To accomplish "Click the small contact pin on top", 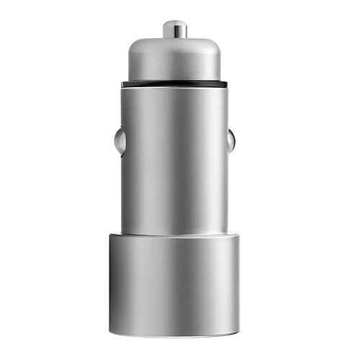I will (x=174, y=30).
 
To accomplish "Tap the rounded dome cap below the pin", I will (x=174, y=59).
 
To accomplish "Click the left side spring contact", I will (x=119, y=141).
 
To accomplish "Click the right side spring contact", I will (x=230, y=141).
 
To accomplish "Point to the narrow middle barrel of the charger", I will (x=174, y=158).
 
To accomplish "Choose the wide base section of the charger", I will (x=174, y=284).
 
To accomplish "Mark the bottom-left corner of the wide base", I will (x=112, y=334).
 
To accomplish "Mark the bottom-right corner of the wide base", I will (x=238, y=334).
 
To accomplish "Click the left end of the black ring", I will (x=123, y=84).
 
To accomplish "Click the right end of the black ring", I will (x=225, y=84).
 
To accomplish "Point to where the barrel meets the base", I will (x=174, y=233).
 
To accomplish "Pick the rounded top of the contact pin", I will (x=174, y=22).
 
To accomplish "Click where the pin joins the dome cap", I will (x=174, y=37).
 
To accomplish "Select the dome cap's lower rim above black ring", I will (x=174, y=78).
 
